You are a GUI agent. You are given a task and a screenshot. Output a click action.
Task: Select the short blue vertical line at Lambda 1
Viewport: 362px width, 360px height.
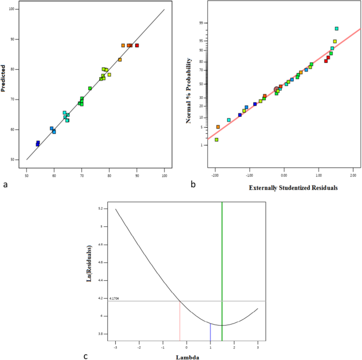(x=210, y=332)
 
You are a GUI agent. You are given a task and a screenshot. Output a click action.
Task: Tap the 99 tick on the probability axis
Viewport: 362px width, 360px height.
(x=201, y=23)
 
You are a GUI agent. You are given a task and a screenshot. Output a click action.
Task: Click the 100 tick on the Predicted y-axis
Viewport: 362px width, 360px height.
(x=21, y=10)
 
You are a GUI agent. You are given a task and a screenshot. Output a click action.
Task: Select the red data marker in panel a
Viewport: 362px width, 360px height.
(x=137, y=45)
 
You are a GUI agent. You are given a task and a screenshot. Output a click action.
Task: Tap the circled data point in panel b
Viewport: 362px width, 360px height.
(x=276, y=89)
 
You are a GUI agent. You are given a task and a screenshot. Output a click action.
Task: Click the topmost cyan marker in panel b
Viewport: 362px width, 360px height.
(x=337, y=29)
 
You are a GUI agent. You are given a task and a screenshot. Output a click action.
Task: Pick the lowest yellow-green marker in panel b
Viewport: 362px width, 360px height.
(x=217, y=140)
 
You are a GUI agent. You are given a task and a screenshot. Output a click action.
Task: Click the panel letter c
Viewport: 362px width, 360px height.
(x=86, y=355)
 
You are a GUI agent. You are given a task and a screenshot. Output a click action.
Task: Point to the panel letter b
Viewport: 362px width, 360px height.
(x=193, y=184)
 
